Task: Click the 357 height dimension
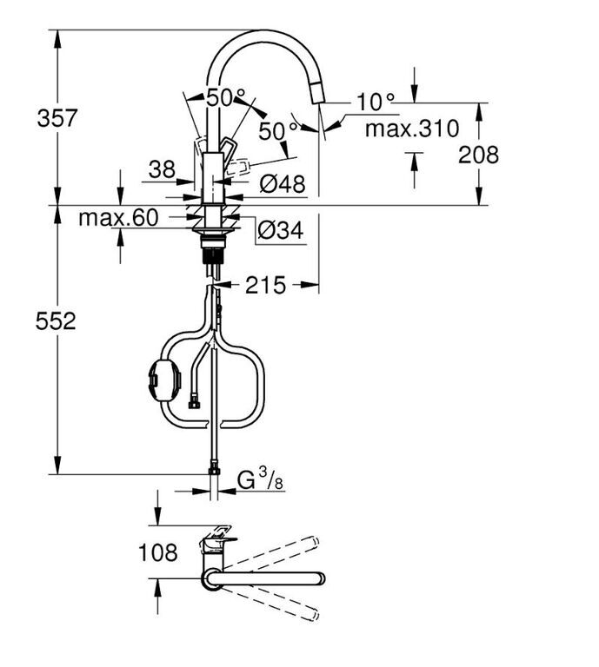[x=57, y=118]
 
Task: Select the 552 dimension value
[x=56, y=320]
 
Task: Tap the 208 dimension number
[x=478, y=155]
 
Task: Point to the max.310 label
[x=412, y=128]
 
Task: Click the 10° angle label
[x=376, y=102]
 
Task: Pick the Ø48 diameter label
[x=283, y=184]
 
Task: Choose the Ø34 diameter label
[x=281, y=230]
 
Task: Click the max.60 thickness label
[x=118, y=218]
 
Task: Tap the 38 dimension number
[x=162, y=169]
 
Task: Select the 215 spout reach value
[x=266, y=285]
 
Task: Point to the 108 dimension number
[x=158, y=552]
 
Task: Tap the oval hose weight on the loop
[x=163, y=380]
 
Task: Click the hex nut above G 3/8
[x=214, y=471]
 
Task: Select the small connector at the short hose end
[x=194, y=404]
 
